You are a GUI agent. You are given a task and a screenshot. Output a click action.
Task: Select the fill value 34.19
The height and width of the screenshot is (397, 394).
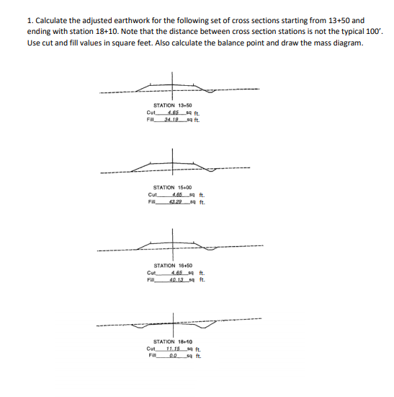[x=171, y=119]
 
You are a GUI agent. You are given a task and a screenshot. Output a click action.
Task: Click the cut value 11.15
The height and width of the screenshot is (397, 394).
[x=172, y=348]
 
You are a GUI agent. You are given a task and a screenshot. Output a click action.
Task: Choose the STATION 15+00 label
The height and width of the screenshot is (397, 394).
[x=173, y=188]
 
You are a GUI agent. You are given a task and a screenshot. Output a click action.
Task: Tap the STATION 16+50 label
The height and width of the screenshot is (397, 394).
[x=174, y=266]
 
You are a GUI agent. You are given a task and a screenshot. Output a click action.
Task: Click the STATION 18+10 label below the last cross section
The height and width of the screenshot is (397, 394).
[x=173, y=341]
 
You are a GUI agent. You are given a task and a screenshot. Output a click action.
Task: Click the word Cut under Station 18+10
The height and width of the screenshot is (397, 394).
[x=151, y=348]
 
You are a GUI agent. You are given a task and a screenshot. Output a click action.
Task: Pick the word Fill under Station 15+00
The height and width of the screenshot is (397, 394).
[x=151, y=201]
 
